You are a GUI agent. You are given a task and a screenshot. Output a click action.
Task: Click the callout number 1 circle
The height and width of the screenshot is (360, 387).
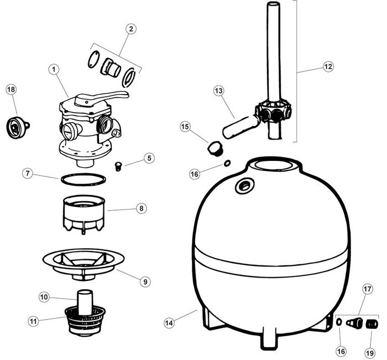point(54,70)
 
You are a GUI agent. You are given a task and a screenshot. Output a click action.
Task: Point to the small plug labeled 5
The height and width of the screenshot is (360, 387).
point(116,164)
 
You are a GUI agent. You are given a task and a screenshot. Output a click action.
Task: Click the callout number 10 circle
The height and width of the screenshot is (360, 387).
point(45,297)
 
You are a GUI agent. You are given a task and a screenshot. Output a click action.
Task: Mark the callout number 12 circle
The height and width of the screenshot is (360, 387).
point(328,67)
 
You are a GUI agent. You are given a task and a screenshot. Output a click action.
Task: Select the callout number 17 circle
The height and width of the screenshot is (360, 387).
point(368,289)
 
